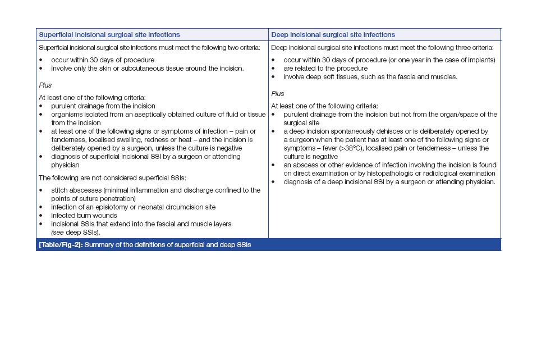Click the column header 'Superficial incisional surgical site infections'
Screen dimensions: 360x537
click(x=109, y=35)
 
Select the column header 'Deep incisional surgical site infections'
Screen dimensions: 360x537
click(x=333, y=35)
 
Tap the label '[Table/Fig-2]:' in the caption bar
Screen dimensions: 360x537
click(x=60, y=245)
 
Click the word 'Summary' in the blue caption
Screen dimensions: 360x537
click(x=99, y=245)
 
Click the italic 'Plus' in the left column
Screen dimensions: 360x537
click(x=45, y=85)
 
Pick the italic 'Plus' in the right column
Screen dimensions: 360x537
click(x=278, y=94)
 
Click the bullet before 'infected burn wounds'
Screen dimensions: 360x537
click(x=41, y=216)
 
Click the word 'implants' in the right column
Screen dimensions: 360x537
click(x=481, y=60)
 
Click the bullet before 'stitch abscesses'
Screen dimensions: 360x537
click(x=41, y=190)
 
